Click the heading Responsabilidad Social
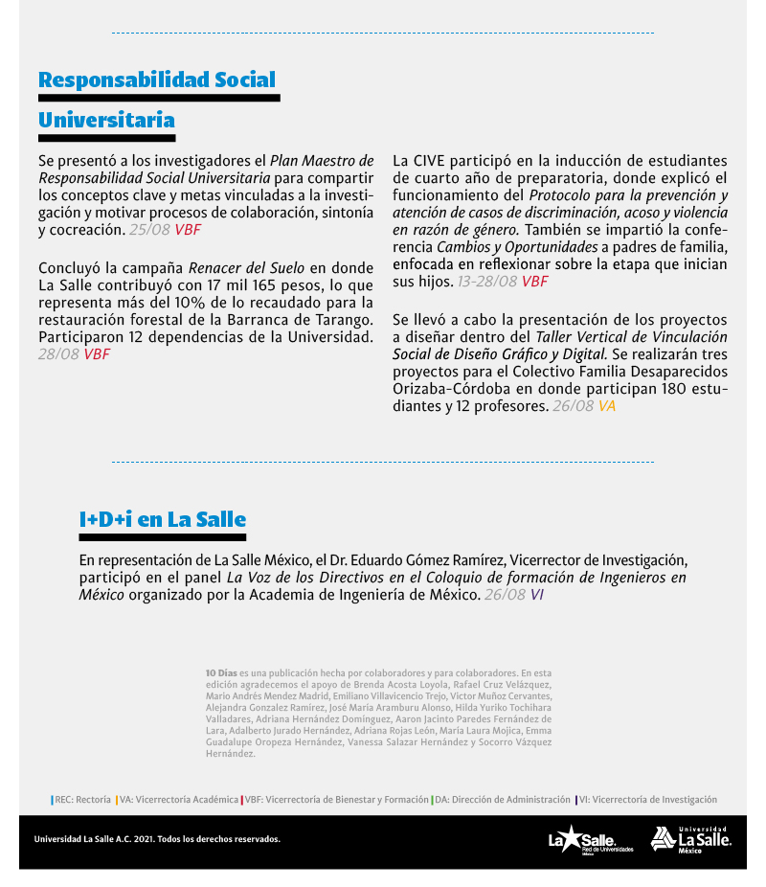(x=157, y=80)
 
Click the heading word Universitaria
(x=106, y=121)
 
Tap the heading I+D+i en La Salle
(x=163, y=520)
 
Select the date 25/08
(x=149, y=230)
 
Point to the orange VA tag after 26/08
(x=607, y=406)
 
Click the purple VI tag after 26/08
(x=537, y=595)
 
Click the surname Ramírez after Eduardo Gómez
(x=472, y=560)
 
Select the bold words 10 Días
(x=221, y=673)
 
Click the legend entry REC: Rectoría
(x=82, y=800)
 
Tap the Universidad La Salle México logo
(x=690, y=839)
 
